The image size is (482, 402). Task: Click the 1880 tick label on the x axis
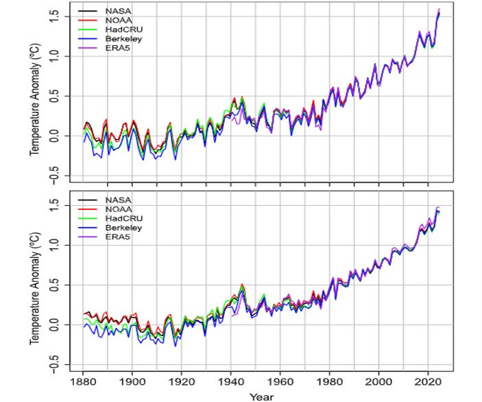coord(83,381)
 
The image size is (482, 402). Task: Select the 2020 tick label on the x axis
coord(428,381)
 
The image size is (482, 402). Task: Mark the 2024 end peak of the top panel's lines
coord(438,10)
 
